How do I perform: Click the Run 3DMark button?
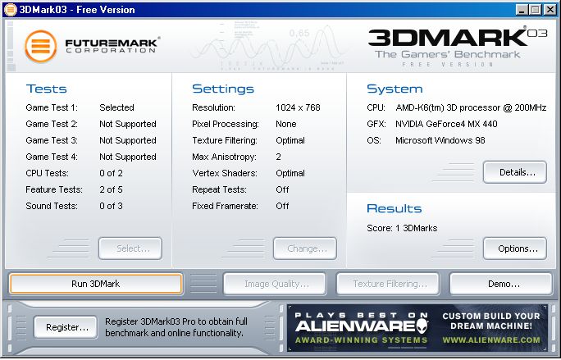[96, 284]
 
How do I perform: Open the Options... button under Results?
[515, 248]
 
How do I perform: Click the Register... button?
[66, 327]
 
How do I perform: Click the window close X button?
[550, 10]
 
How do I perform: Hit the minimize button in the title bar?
[522, 10]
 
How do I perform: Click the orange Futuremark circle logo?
[41, 46]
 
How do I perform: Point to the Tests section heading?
[47, 89]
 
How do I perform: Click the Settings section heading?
[223, 89]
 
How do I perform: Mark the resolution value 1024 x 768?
[298, 107]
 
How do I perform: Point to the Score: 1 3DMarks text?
[402, 228]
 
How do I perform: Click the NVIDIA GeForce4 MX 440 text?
[446, 124]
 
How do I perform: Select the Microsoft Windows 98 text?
[440, 140]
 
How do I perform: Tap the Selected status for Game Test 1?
[116, 107]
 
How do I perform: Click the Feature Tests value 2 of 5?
[111, 189]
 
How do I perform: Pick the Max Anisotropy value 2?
[278, 157]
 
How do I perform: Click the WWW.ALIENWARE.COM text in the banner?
[491, 339]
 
